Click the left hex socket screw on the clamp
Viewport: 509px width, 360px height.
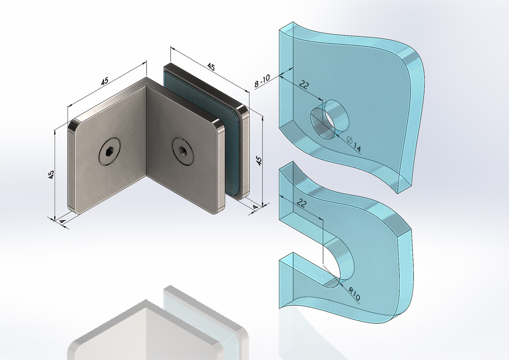(109, 151)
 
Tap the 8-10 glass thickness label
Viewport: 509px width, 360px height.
(262, 81)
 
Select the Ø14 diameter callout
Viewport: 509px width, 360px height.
(354, 144)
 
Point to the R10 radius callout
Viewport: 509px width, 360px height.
(354, 293)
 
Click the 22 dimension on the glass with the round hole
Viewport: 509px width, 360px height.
(304, 85)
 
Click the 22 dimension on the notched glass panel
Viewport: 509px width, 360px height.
(302, 203)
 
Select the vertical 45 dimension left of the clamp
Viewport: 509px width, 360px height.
(51, 175)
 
